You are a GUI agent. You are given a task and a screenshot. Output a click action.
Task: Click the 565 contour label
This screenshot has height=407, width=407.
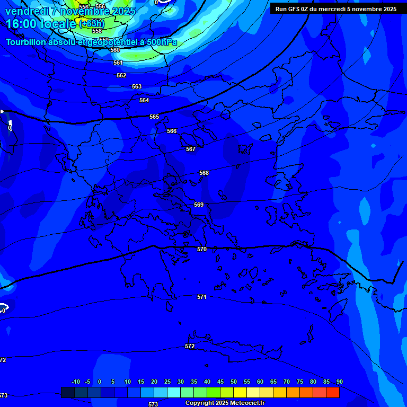pyautogui.click(x=154, y=117)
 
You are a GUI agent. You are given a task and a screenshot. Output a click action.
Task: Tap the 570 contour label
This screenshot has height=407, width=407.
pyautogui.click(x=202, y=249)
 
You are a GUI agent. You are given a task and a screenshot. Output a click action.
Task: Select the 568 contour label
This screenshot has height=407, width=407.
pyautogui.click(x=204, y=173)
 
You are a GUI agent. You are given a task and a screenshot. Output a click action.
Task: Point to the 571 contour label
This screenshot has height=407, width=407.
pyautogui.click(x=202, y=297)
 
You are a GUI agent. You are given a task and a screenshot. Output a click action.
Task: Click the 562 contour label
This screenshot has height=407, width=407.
pyautogui.click(x=121, y=75)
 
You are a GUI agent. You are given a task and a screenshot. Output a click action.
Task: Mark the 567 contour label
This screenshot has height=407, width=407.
pyautogui.click(x=191, y=149)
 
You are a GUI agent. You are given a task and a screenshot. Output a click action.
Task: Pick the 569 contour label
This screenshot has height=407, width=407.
pyautogui.click(x=199, y=205)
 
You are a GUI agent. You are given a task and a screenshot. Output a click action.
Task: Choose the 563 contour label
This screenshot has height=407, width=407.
pyautogui.click(x=137, y=86)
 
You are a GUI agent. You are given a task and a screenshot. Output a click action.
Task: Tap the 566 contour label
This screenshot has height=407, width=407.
pyautogui.click(x=172, y=131)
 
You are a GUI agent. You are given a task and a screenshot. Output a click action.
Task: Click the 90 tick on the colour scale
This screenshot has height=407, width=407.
pyautogui.click(x=339, y=382)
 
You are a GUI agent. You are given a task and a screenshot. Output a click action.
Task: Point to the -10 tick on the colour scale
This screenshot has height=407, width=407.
pyautogui.click(x=75, y=382)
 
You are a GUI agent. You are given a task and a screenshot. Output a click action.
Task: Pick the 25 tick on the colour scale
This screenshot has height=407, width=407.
pyautogui.click(x=167, y=382)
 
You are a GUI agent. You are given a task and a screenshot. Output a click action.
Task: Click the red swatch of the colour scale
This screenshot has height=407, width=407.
pyautogui.click(x=333, y=392)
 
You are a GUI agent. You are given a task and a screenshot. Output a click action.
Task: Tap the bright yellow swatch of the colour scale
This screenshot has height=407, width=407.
pyautogui.click(x=240, y=392)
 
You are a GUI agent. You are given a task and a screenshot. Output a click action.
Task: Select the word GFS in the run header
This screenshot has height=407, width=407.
pyautogui.click(x=294, y=9)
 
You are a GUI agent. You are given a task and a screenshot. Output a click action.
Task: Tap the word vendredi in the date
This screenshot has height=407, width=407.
pyautogui.click(x=27, y=11)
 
